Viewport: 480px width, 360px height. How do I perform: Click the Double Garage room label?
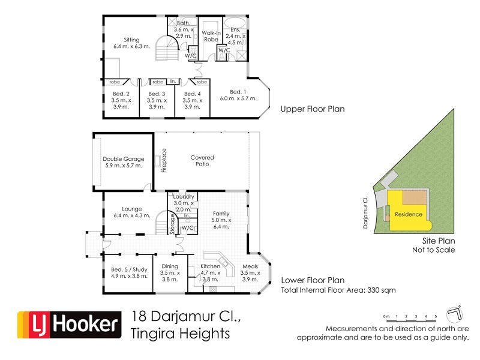124,159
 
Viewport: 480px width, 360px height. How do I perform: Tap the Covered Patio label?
202,158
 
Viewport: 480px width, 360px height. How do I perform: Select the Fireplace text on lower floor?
164,160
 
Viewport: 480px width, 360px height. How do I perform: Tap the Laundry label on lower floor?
183,197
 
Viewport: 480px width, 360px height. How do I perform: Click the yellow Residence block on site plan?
409,214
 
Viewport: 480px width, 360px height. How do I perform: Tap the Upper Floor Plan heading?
312,110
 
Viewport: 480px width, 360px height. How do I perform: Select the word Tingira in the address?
151,334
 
